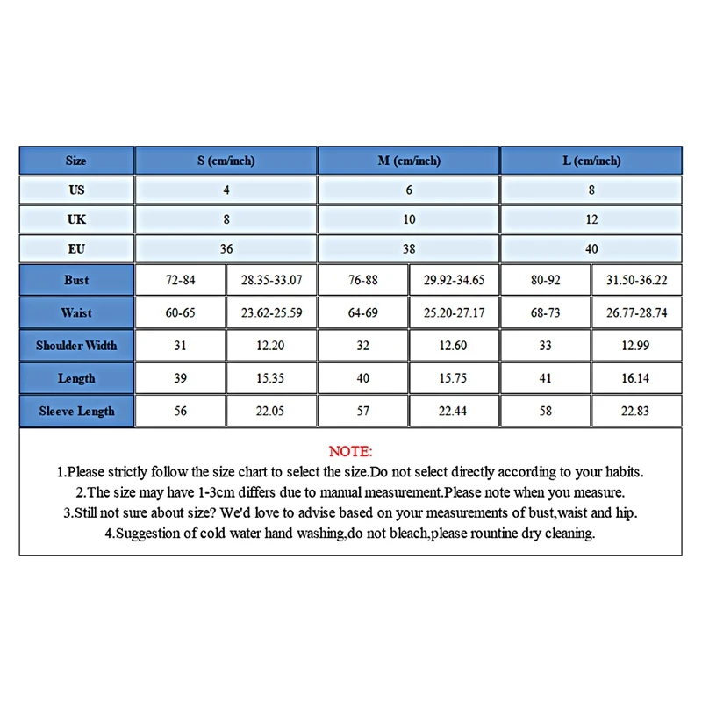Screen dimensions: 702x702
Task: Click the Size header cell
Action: pos(76,161)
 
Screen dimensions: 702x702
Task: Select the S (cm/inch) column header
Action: pos(226,161)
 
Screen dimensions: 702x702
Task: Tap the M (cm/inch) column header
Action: pos(409,161)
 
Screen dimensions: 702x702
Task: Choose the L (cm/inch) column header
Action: pos(591,161)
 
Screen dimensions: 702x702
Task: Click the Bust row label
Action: pos(76,281)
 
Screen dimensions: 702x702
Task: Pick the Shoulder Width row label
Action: pos(76,346)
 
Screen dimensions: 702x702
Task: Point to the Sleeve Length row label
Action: pos(76,411)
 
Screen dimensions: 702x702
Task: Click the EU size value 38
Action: pos(409,249)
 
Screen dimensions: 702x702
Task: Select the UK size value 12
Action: pos(591,218)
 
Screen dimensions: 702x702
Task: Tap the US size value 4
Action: pos(226,190)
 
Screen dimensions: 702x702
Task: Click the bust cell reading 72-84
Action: pos(180,281)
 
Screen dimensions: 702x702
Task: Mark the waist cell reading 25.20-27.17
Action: pos(454,313)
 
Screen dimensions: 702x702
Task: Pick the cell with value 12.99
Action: pos(636,346)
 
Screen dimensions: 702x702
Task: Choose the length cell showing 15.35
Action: pos(270,378)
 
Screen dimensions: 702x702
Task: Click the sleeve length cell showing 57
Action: pos(363,411)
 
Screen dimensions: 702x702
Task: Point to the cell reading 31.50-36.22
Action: pos(636,281)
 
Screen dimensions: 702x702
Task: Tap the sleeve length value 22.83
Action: pos(636,411)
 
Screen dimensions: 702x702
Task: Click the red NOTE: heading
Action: pos(351,452)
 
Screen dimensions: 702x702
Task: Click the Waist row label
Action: pos(76,313)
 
